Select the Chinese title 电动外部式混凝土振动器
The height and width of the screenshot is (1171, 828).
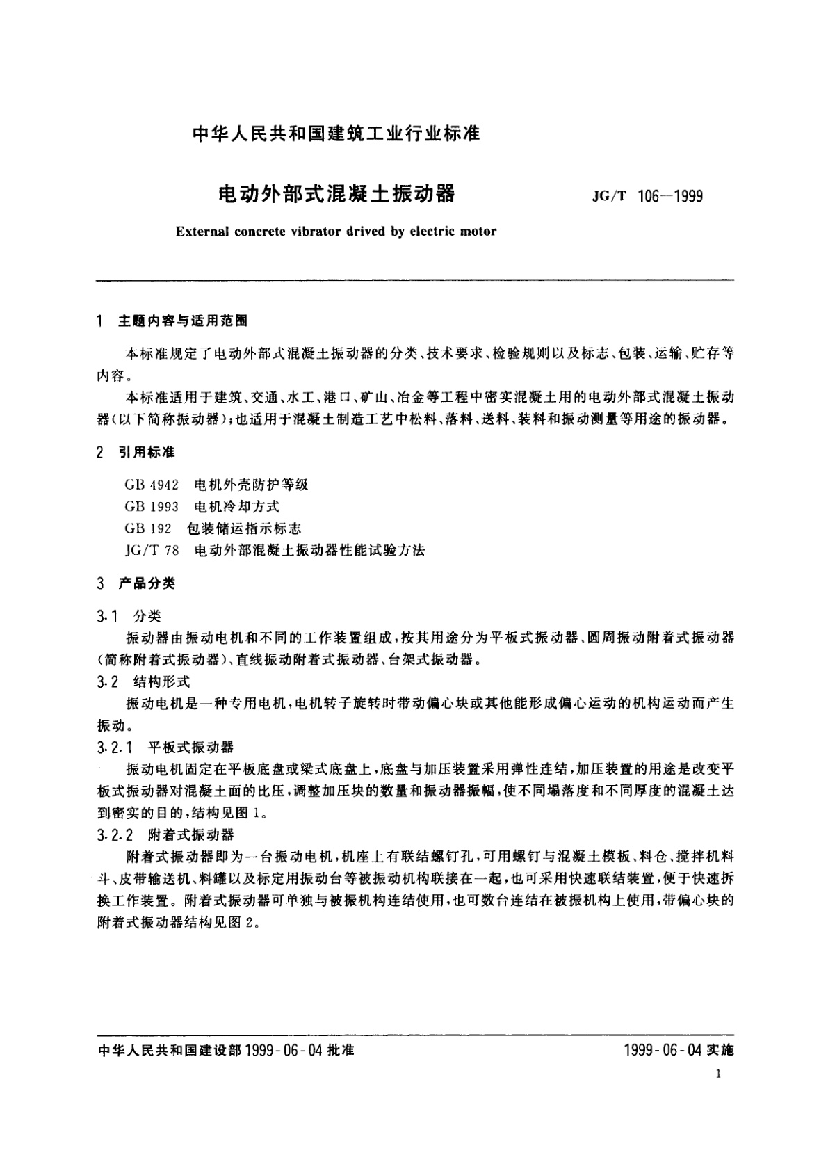point(336,194)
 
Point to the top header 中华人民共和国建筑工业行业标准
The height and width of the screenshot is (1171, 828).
point(336,133)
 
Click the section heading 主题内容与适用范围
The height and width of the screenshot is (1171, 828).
point(183,321)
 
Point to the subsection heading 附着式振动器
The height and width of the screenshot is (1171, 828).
point(191,835)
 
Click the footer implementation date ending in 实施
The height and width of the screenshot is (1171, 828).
point(679,1050)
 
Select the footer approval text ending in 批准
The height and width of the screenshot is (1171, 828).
point(224,1050)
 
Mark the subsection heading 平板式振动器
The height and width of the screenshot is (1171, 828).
point(191,748)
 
